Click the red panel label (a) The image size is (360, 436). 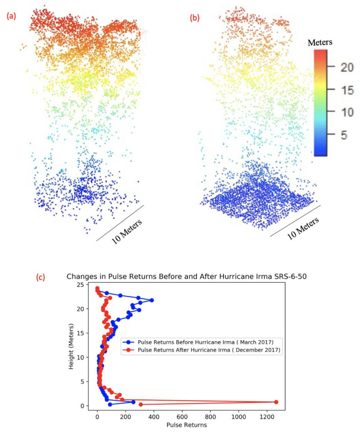tap(11, 17)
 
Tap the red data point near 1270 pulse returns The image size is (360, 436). tap(276, 402)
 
